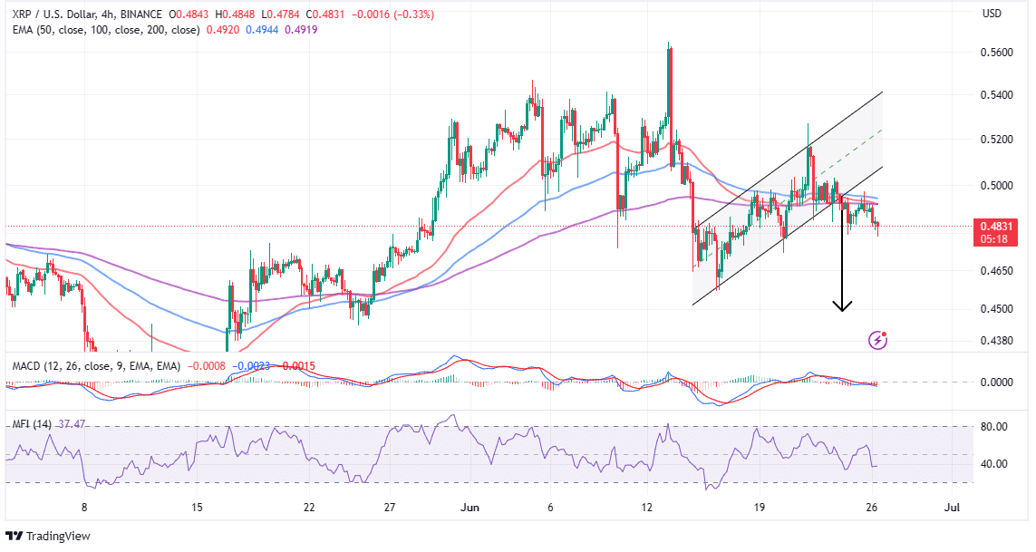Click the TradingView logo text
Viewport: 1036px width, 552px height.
[x=59, y=536]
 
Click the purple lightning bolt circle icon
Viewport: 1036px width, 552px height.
[x=877, y=340]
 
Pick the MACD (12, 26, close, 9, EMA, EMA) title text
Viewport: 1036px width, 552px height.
[x=95, y=365]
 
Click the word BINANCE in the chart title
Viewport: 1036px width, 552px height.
[x=150, y=14]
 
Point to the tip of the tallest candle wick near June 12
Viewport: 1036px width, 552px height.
[x=669, y=42]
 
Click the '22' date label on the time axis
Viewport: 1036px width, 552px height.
[x=309, y=508]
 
